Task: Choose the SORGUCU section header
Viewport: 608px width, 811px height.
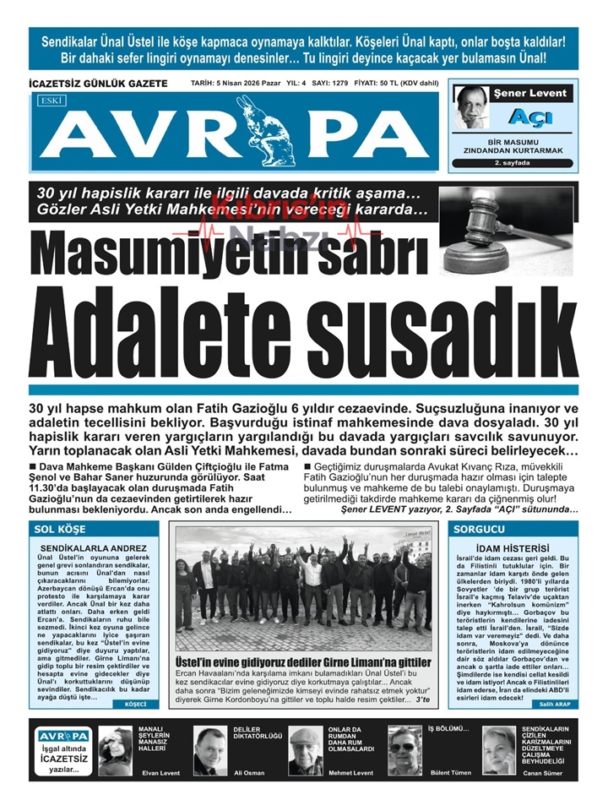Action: tap(480, 529)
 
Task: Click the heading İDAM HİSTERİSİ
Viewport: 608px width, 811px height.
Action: tap(513, 548)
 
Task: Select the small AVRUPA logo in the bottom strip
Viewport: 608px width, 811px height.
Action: tap(63, 737)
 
